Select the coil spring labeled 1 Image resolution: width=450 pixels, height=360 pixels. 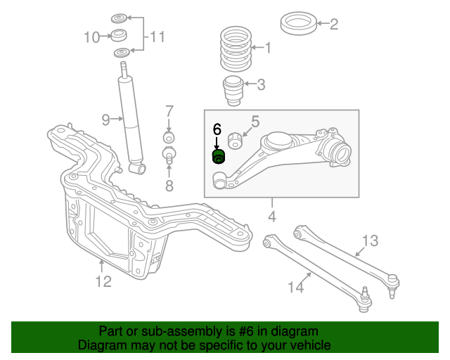231,50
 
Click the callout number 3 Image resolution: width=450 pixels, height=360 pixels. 261,86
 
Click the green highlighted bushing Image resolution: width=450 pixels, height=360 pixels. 218,156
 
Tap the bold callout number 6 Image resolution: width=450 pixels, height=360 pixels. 217,129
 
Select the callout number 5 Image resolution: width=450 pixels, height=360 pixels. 255,121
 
